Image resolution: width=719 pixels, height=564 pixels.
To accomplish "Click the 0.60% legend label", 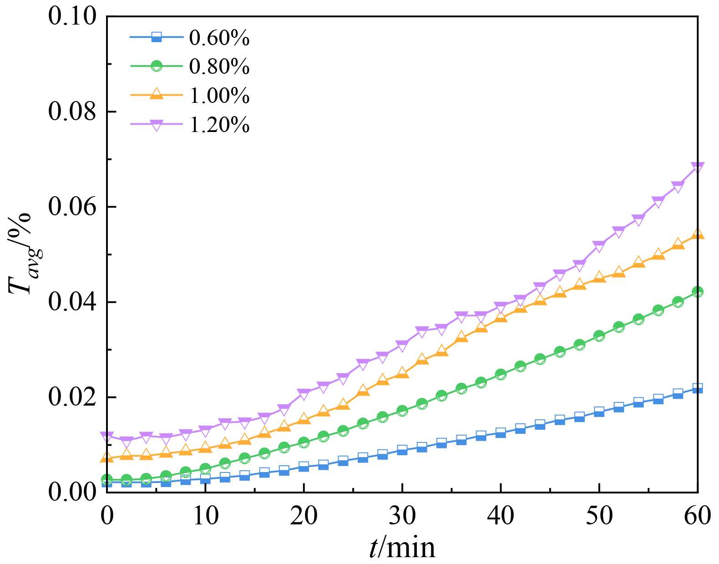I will pyautogui.click(x=219, y=38).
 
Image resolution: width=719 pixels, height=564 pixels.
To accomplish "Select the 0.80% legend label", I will pyautogui.click(x=219, y=66).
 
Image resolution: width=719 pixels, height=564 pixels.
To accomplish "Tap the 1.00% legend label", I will pyautogui.click(x=219, y=96).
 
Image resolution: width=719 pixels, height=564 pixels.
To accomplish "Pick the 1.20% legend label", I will pyautogui.click(x=219, y=124).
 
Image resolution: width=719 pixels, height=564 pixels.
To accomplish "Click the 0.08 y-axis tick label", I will pyautogui.click(x=72, y=112).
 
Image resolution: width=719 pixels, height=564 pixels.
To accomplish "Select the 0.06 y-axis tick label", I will pyautogui.click(x=72, y=207).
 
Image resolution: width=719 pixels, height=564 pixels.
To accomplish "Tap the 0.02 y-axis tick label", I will pyautogui.click(x=72, y=397).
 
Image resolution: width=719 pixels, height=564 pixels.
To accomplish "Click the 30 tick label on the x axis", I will pyautogui.click(x=402, y=516).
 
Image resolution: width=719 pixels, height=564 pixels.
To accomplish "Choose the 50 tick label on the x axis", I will pyautogui.click(x=599, y=516).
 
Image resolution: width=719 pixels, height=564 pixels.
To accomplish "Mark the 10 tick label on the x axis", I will pyautogui.click(x=205, y=516).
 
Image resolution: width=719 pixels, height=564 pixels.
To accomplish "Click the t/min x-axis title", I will pyautogui.click(x=402, y=548).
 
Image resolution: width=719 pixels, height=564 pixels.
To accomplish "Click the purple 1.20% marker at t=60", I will pyautogui.click(x=698, y=167).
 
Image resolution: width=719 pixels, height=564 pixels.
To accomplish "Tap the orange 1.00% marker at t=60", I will pyautogui.click(x=698, y=234).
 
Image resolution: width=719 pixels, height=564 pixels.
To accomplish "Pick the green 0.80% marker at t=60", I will pyautogui.click(x=698, y=292).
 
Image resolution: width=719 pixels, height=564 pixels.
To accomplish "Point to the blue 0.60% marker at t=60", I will pyautogui.click(x=698, y=388).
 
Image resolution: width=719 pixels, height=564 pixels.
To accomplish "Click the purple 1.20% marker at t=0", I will pyautogui.click(x=107, y=437).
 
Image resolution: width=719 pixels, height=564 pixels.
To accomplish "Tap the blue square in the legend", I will pyautogui.click(x=157, y=37).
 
